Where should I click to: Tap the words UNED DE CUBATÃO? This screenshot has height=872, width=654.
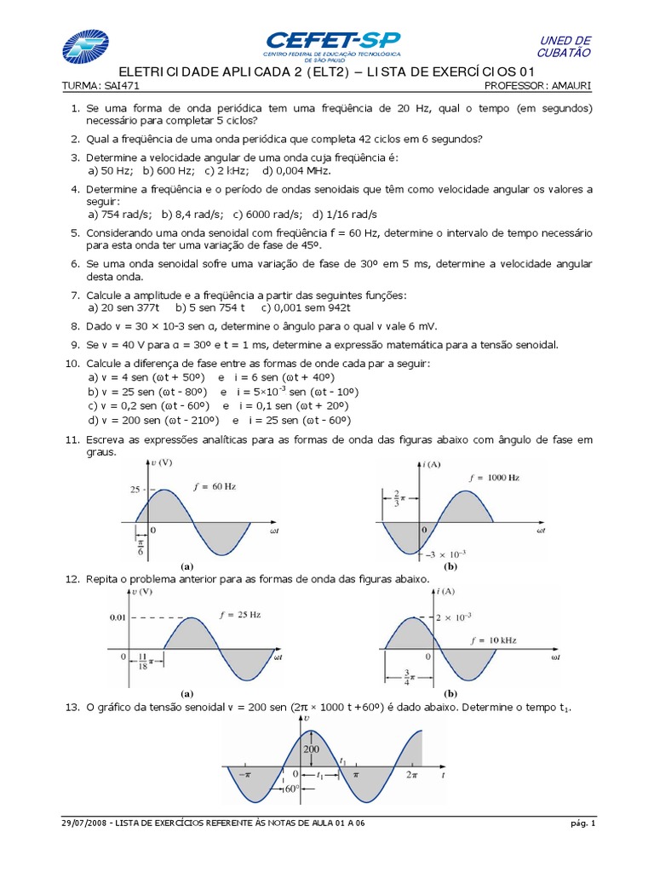pos(565,47)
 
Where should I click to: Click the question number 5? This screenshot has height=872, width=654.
pos(75,232)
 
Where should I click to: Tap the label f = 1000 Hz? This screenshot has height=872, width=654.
pos(493,479)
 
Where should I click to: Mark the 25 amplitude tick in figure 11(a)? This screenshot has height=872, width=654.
pos(135,490)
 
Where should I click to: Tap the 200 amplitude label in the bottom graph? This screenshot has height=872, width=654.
pos(310,749)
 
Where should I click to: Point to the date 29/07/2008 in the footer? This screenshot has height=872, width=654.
pos(83,824)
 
